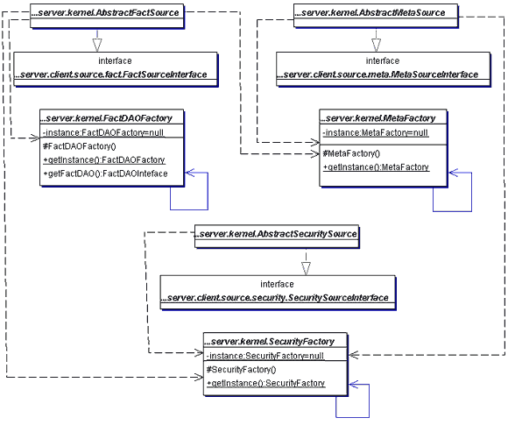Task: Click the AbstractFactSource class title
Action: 106,12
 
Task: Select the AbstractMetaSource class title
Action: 370,12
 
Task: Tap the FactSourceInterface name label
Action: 112,74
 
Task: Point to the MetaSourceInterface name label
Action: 378,74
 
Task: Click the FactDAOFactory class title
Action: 107,118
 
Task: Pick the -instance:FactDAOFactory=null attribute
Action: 103,132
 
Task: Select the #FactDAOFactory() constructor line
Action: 80,146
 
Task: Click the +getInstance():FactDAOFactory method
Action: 104,160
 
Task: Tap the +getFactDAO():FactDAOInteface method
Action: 105,174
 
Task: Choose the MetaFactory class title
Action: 378,118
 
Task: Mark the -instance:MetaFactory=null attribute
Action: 376,133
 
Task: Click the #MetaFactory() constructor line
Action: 351,153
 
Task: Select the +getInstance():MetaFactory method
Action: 376,167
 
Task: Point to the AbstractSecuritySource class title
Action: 276,234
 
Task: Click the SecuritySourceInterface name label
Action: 275,298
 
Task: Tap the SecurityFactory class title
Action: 270,342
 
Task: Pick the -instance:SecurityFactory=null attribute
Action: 265,356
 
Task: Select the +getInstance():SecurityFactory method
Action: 265,383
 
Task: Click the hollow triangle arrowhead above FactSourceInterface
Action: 97,45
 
